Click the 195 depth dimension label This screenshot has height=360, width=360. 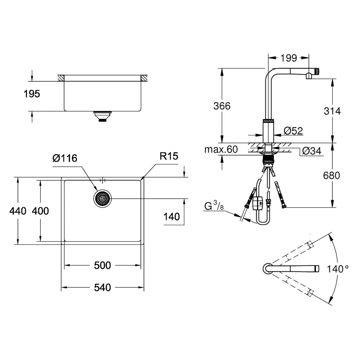point(32,94)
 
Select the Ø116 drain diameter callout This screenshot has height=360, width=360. point(65,158)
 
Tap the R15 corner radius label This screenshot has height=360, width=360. point(169,156)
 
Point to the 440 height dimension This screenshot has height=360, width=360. point(18,211)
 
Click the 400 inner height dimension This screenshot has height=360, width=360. point(40,211)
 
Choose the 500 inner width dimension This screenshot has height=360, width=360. point(102,265)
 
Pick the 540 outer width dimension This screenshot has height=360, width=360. point(102,287)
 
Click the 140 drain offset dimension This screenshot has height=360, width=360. point(171,217)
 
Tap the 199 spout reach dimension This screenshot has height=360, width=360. point(289,58)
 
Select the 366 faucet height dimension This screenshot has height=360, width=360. point(222,106)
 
